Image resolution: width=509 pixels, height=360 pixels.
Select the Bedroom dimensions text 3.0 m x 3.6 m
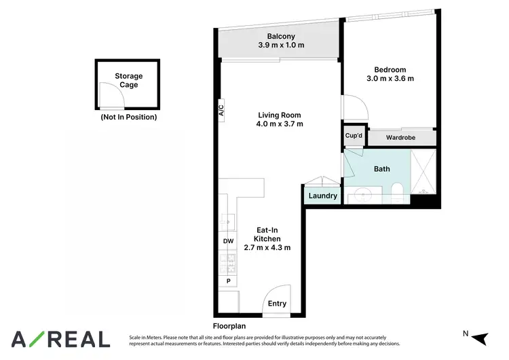390,79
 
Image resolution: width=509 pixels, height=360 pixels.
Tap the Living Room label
279,115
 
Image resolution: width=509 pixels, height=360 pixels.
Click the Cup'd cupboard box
354,136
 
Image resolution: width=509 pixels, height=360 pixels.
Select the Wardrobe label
400,138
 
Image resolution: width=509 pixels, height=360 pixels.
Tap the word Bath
381,169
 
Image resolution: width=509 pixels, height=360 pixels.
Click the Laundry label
322,196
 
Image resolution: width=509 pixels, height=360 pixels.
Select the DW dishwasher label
228,241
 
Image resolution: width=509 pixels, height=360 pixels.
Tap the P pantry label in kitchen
228,281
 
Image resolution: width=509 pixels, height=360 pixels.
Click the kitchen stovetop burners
227,260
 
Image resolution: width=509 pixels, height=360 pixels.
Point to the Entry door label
277,304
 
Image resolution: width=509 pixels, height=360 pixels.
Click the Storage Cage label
129,81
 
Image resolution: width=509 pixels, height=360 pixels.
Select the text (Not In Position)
128,117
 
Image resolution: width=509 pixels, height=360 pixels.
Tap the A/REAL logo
60,338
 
